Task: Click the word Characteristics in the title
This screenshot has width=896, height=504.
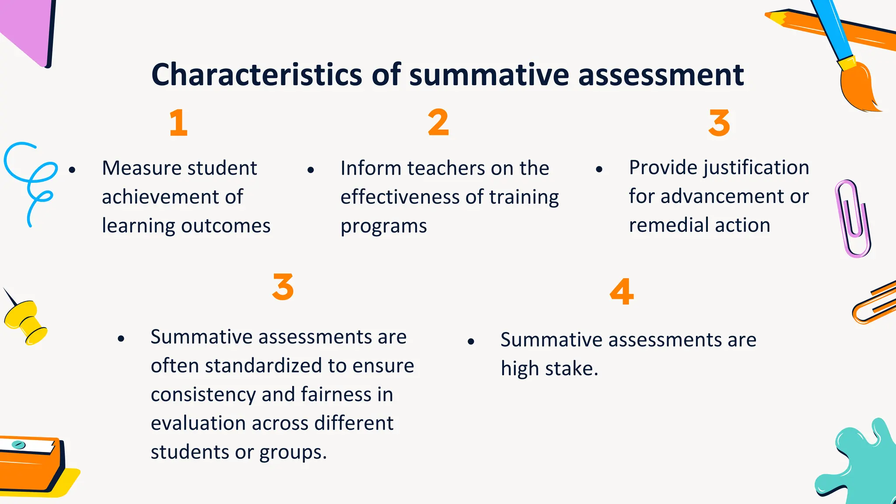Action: pyautogui.click(x=257, y=75)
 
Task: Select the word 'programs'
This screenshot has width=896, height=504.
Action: pyautogui.click(x=384, y=227)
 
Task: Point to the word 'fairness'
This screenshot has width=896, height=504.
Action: pyautogui.click(x=336, y=395)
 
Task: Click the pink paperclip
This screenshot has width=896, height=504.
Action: pyautogui.click(x=852, y=219)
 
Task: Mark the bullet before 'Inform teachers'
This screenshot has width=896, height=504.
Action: pyautogui.click(x=311, y=170)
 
